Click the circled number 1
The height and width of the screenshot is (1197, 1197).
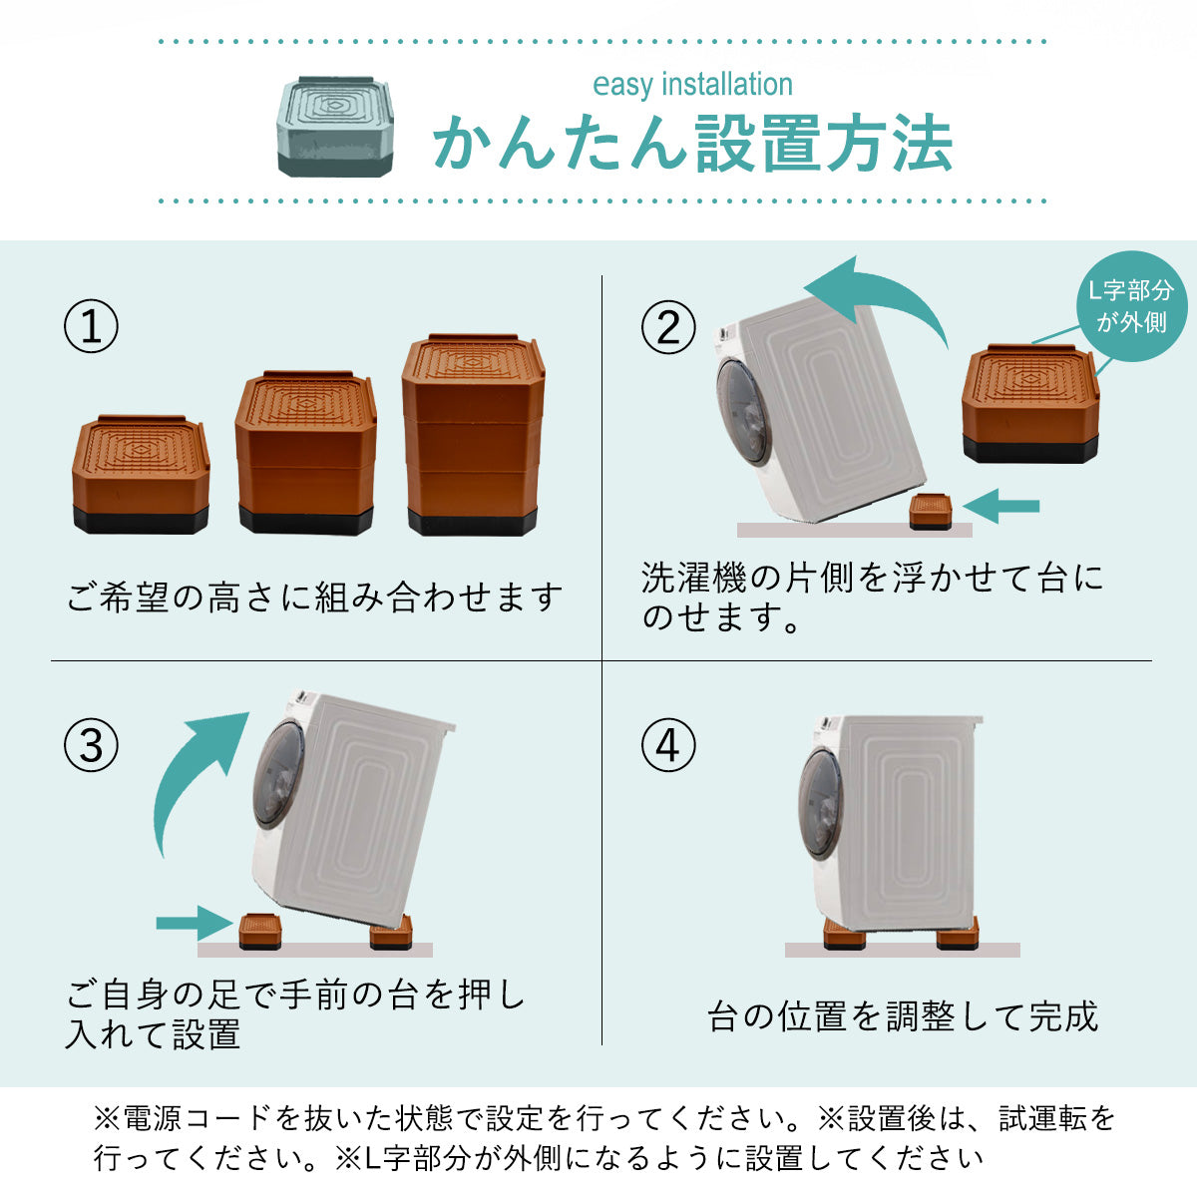[92, 326]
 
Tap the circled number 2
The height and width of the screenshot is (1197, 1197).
[668, 327]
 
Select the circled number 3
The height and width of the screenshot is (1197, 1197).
[92, 745]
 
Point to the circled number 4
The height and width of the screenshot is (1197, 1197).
[668, 745]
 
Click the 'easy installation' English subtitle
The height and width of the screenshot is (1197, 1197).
[692, 85]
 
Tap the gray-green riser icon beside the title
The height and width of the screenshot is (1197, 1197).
[335, 127]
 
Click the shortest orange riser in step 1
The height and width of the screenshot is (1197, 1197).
[141, 475]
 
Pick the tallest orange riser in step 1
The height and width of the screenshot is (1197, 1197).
[474, 435]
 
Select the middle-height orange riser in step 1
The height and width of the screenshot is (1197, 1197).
[306, 453]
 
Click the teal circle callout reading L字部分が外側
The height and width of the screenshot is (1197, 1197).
[1132, 306]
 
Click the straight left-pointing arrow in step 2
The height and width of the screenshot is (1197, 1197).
[1001, 507]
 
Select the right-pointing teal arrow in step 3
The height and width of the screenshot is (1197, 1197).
[195, 924]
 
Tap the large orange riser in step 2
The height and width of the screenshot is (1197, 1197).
[1030, 404]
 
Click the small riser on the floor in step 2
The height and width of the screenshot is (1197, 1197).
[931, 512]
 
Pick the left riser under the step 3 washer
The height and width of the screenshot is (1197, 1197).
[260, 932]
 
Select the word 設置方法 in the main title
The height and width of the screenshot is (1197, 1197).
[824, 144]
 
